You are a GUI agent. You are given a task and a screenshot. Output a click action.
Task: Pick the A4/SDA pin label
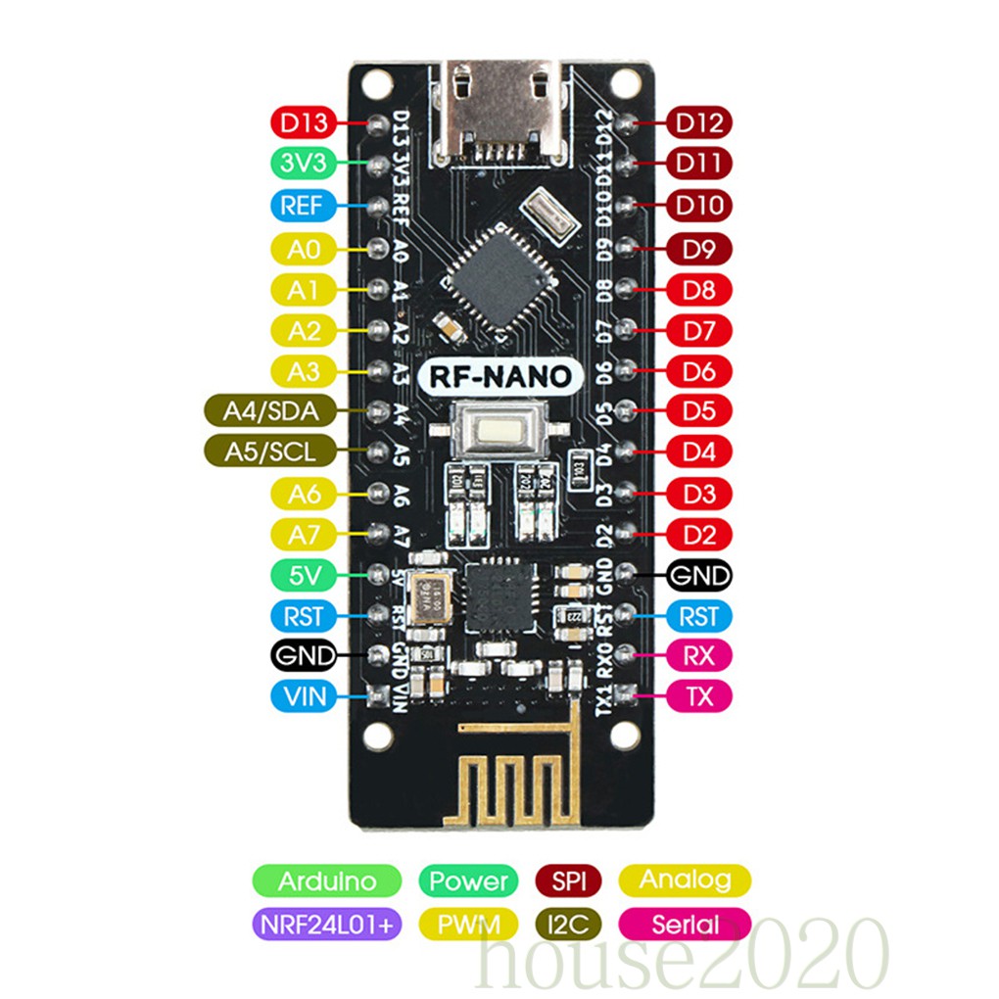[270, 411]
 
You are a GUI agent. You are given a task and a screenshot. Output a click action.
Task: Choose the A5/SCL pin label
[270, 452]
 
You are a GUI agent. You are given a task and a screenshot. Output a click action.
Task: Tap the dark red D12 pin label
[699, 122]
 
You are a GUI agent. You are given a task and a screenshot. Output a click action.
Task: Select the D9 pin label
[699, 249]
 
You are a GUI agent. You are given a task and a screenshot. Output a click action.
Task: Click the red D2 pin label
[699, 535]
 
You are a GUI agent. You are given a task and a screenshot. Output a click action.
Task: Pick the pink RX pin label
[699, 655]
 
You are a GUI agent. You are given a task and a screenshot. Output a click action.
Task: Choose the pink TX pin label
[699, 696]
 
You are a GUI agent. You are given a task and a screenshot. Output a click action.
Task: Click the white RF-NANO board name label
[501, 376]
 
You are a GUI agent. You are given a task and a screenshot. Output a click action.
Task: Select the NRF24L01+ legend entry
[326, 924]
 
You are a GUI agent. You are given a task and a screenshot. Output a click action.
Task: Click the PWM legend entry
[468, 924]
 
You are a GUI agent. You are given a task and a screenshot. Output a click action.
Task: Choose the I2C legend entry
[568, 924]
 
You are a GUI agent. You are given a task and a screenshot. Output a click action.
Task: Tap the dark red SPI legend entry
[568, 880]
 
